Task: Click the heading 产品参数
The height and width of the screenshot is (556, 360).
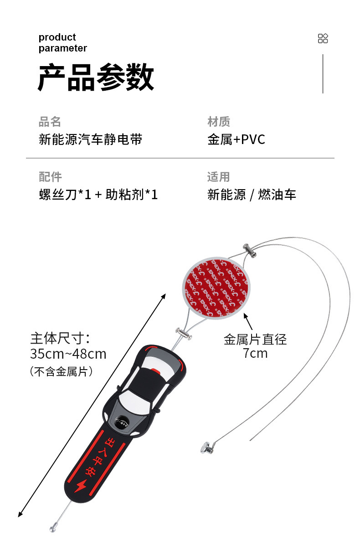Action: [x=96, y=78]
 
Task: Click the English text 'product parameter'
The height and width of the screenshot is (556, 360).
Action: [x=62, y=43]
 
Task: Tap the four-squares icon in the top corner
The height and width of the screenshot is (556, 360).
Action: [x=323, y=38]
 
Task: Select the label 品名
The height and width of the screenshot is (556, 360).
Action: [x=50, y=122]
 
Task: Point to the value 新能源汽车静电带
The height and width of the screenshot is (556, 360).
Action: [x=90, y=139]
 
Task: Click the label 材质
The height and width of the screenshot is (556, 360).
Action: [x=219, y=122]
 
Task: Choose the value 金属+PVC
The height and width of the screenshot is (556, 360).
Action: [x=236, y=139]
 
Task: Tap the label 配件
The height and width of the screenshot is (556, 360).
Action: [x=50, y=177]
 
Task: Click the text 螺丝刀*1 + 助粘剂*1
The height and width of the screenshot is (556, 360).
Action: [x=98, y=195]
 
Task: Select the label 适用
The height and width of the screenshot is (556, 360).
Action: [x=219, y=177]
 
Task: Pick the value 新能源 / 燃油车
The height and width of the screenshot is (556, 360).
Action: [x=252, y=195]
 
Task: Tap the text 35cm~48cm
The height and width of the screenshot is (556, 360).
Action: [x=68, y=354]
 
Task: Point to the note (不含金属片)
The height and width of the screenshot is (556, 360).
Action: [x=62, y=371]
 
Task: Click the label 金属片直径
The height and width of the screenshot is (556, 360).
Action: [x=255, y=340]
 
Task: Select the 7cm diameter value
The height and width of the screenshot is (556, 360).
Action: [x=255, y=353]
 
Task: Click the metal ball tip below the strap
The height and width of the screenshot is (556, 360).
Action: [x=53, y=529]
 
